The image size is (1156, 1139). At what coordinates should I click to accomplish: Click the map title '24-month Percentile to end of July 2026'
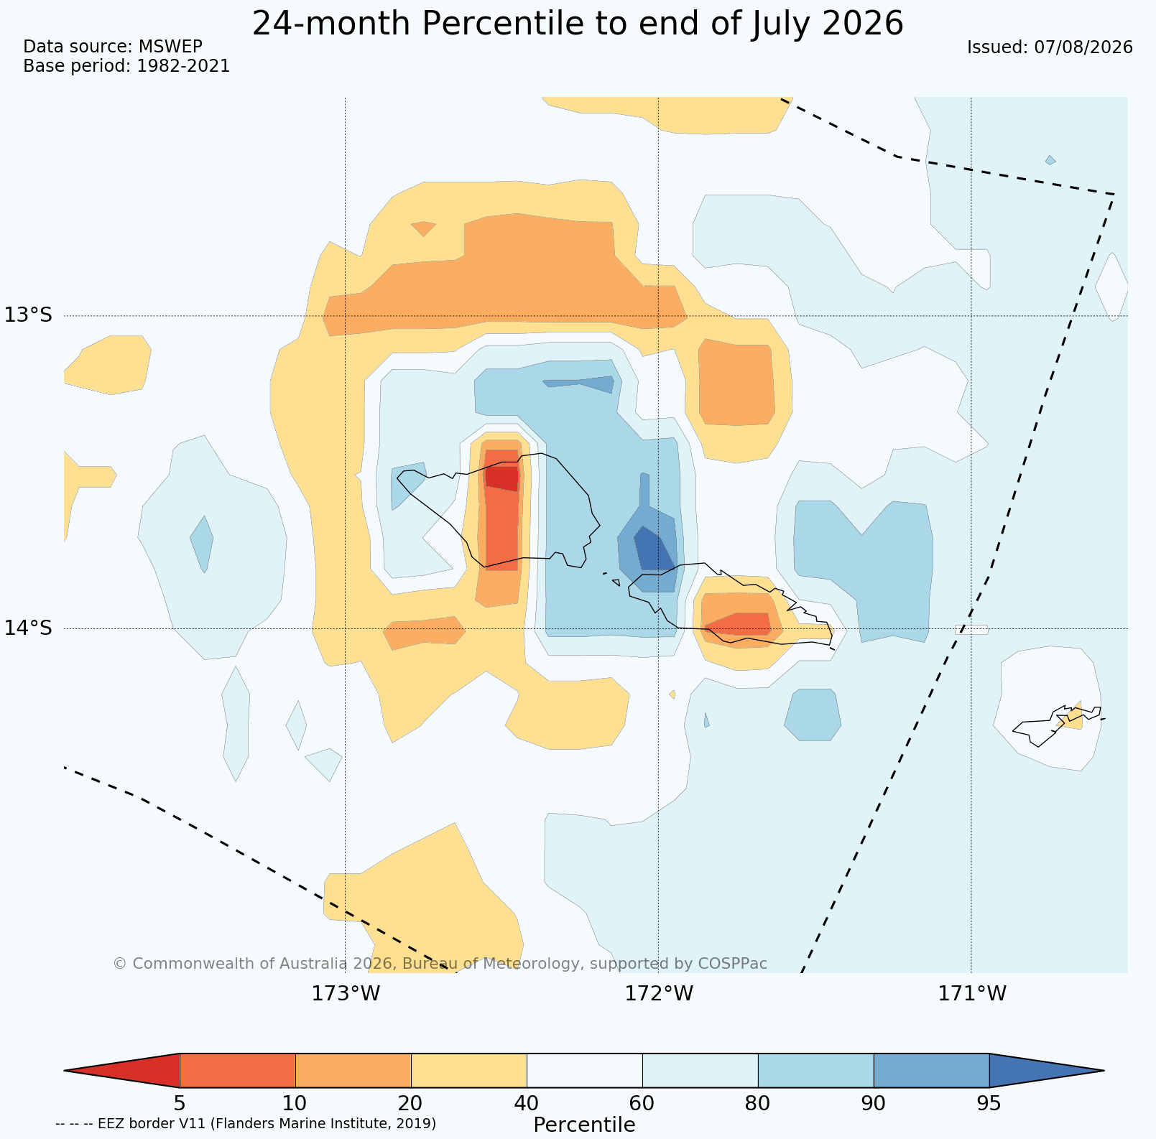coord(578,24)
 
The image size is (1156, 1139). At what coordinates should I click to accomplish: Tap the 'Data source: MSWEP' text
coord(113,47)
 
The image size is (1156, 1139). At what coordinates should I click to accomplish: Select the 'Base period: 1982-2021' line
coord(126,66)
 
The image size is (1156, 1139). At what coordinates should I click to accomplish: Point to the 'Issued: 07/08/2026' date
coord(1050,47)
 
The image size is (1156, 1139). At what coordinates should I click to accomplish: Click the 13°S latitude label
coord(29,315)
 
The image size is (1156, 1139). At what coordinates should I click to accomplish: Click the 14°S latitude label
coord(29,628)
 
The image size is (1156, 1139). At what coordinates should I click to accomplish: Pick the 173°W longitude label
coord(346,994)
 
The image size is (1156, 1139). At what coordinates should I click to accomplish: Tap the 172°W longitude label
coord(659,994)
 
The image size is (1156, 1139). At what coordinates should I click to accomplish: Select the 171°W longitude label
coord(971,994)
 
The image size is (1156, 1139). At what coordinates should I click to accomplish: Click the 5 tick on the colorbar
coord(180,1102)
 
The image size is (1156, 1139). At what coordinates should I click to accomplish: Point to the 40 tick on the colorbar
coord(527,1102)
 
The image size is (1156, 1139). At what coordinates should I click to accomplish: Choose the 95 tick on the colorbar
coord(989,1102)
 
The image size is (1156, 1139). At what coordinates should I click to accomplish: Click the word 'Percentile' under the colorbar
coord(584,1125)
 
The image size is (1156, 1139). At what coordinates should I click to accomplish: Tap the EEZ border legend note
coord(246,1123)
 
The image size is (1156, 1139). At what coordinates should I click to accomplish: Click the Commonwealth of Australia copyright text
coord(440,963)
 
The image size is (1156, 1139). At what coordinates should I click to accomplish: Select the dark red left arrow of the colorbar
coord(121,1071)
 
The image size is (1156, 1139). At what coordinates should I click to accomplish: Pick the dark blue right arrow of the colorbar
coord(1047,1071)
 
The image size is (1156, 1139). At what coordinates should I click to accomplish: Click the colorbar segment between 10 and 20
coord(353,1071)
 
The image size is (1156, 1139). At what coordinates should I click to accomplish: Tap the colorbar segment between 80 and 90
coord(816,1071)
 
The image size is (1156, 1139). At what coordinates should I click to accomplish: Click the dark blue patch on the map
coord(653,549)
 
